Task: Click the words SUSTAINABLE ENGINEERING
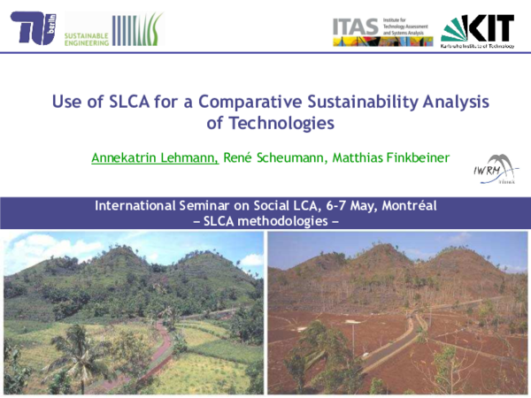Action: pos(88,36)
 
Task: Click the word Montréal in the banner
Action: pos(407,206)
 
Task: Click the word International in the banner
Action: pos(135,206)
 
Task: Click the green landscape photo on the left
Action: pos(133,314)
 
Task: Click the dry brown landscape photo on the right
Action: pos(398,314)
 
